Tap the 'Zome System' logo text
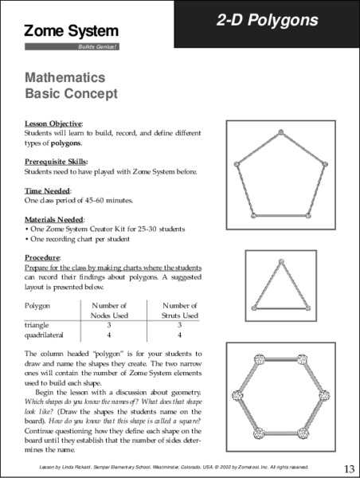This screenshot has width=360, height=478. (x=72, y=31)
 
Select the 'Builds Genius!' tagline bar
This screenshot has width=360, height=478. (x=72, y=47)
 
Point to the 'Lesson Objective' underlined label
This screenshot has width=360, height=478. (x=52, y=125)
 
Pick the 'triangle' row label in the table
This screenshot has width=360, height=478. (x=37, y=324)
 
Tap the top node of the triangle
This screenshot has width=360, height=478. (x=280, y=264)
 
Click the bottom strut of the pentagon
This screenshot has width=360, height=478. (x=280, y=216)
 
